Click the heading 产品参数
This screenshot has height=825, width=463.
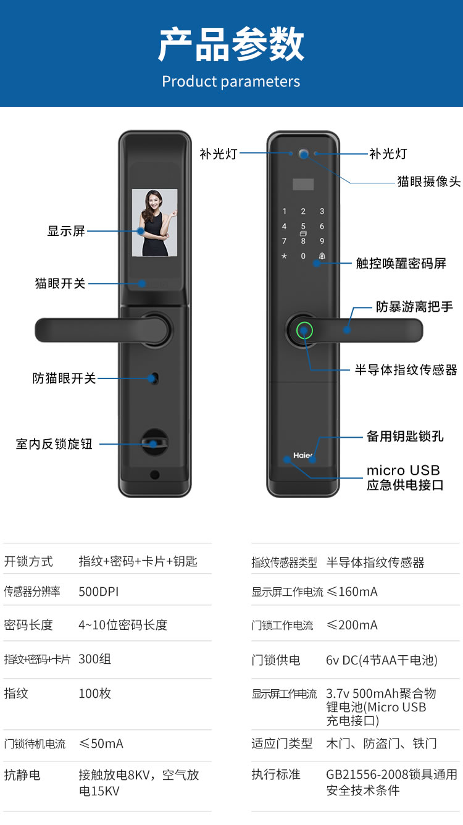[231, 44]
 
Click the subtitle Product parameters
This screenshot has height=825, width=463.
[231, 82]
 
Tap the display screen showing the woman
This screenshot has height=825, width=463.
[154, 222]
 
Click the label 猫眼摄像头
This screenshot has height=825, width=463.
[428, 182]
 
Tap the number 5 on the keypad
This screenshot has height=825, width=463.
[303, 227]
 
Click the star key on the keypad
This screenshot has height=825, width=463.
[284, 256]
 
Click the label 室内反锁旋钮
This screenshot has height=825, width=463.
[54, 444]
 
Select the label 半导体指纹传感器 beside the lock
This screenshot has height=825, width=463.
[406, 370]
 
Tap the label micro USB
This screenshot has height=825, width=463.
[403, 471]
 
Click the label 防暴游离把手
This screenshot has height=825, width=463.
[414, 306]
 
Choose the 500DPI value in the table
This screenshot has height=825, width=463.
[98, 592]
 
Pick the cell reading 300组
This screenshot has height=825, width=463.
[94, 659]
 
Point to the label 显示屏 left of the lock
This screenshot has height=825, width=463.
[66, 232]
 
